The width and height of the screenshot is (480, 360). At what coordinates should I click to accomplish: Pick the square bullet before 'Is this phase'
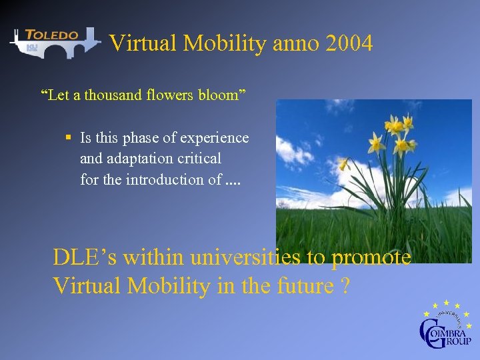(69, 138)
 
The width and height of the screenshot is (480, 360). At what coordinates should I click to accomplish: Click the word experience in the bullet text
(215, 138)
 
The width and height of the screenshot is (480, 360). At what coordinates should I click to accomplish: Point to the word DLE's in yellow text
(85, 257)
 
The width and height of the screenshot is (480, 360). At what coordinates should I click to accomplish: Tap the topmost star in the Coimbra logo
(447, 303)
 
